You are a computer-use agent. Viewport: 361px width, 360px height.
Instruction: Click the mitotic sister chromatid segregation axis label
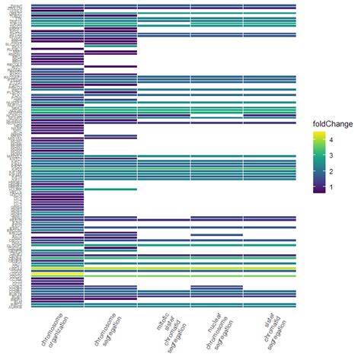[x=161, y=335]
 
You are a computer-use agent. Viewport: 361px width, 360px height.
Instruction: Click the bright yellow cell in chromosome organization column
[x=57, y=272]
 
